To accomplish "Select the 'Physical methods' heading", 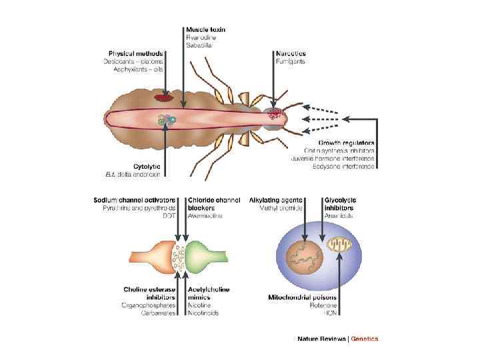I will pyautogui.click(x=136, y=53).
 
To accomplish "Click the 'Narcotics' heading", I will pyautogui.click(x=291, y=53).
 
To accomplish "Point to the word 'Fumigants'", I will pyautogui.click(x=291, y=61).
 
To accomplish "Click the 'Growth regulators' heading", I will pyautogui.click(x=346, y=143).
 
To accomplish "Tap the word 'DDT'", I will pyautogui.click(x=169, y=215).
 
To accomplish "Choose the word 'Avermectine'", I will pyautogui.click(x=204, y=215).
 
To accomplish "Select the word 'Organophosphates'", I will pyautogui.click(x=149, y=305).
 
